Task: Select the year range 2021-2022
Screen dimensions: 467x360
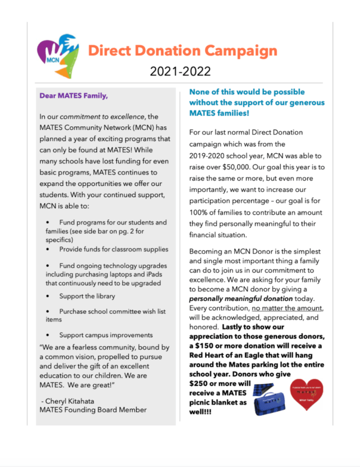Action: point(180,71)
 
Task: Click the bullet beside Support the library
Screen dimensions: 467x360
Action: point(47,296)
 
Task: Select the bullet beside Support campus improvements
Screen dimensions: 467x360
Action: point(47,335)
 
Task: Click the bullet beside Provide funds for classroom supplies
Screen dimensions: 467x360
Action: point(47,249)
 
